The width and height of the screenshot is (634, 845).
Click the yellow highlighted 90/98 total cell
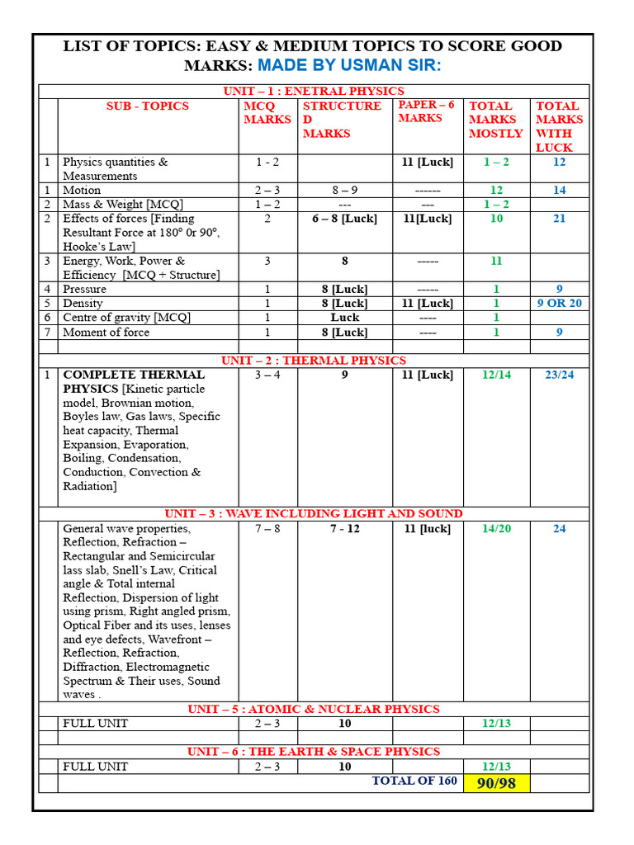[497, 782]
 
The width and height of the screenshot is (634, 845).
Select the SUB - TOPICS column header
[147, 106]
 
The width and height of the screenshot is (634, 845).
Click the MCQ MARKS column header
[267, 112]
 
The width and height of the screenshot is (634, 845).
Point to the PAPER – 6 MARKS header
[427, 111]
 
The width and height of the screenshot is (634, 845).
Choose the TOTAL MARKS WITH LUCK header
[558, 126]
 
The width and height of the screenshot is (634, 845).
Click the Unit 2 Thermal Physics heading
[314, 361]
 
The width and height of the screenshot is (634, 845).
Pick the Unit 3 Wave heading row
[314, 513]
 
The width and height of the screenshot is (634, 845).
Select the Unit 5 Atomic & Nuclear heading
[314, 709]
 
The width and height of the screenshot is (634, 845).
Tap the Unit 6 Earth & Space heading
[314, 752]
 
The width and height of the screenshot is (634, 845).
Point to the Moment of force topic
[106, 332]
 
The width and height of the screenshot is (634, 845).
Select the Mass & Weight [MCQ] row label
[123, 204]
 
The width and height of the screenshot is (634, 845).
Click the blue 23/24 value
[559, 375]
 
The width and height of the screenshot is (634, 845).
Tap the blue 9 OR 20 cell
[559, 303]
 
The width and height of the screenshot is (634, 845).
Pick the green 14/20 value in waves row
[496, 528]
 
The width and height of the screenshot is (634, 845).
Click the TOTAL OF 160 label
[414, 781]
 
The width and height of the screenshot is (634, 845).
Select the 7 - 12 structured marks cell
[345, 528]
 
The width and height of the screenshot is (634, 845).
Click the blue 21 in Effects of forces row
[559, 219]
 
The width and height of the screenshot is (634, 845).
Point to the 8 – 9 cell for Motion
[345, 190]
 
